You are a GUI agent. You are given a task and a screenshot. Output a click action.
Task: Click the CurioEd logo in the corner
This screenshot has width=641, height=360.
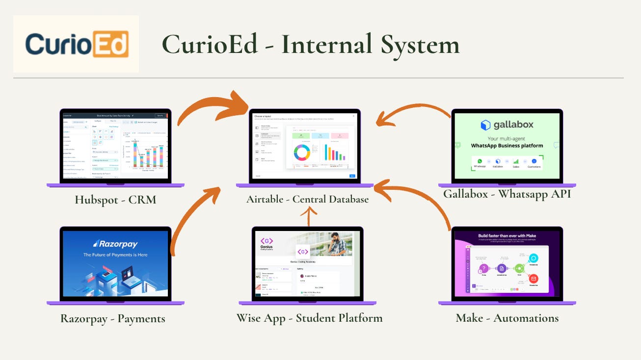[77, 44]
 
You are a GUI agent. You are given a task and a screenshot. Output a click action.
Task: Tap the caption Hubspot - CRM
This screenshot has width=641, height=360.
[116, 200]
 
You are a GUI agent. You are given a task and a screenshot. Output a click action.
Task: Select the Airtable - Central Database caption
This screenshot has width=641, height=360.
[307, 199]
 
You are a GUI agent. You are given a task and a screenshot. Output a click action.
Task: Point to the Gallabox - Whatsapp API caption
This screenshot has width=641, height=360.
[507, 194]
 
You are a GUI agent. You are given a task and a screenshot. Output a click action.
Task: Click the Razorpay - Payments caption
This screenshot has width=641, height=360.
[113, 318]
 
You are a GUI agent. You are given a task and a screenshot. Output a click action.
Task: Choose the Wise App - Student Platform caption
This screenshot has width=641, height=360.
[309, 317]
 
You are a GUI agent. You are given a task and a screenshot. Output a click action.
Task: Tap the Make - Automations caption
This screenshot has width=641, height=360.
[507, 318]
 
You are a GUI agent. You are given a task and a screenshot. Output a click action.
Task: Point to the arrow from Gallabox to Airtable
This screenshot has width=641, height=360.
[412, 112]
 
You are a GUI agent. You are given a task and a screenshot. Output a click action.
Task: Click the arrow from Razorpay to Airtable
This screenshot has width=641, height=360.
[196, 216]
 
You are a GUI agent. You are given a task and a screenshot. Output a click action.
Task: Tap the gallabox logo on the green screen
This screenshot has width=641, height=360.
[507, 125]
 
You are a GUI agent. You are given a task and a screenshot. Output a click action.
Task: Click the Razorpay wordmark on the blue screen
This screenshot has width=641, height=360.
[116, 244]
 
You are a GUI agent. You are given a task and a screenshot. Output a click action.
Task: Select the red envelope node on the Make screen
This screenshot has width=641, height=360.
[533, 279]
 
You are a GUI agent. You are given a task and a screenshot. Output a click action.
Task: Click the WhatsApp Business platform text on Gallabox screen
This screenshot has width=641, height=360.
[507, 146]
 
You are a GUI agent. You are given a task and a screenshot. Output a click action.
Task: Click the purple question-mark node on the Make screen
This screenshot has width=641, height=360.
[484, 268]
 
